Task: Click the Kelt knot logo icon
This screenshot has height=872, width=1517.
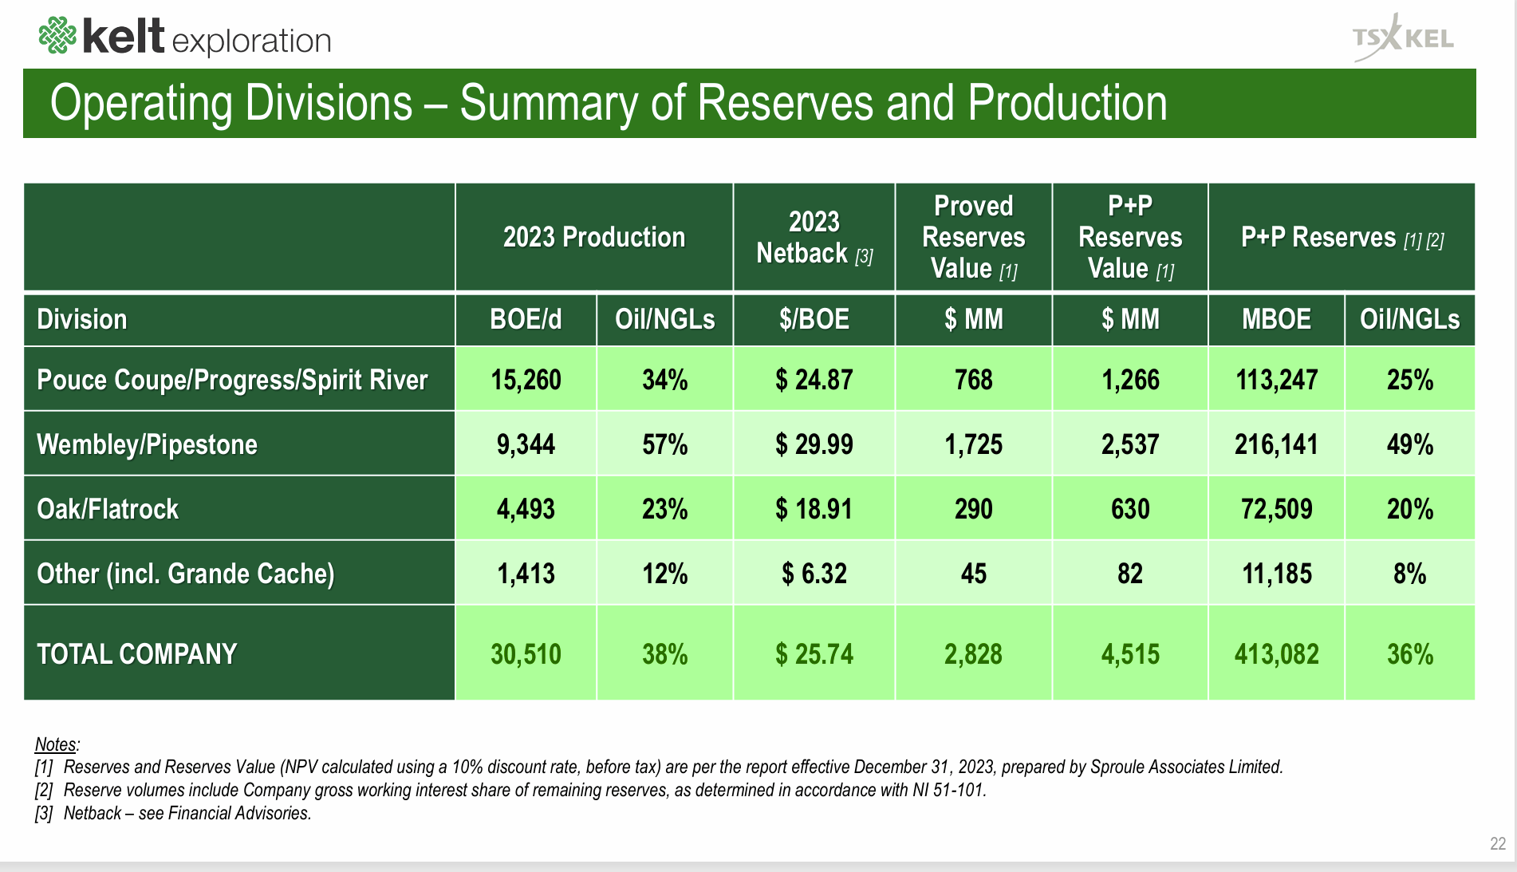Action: click(x=57, y=36)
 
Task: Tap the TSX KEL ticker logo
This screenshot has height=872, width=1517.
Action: click(x=1403, y=38)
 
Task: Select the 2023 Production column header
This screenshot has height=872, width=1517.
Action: click(x=593, y=238)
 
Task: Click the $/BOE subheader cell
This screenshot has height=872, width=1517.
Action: click(x=814, y=320)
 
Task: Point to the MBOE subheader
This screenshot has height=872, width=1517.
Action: click(x=1275, y=320)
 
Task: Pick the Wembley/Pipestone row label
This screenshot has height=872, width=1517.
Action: click(x=148, y=444)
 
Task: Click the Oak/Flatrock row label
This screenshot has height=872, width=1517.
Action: click(x=108, y=509)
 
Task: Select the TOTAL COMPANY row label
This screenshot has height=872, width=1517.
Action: click(x=137, y=654)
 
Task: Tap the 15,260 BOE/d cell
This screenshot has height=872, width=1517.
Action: click(x=526, y=380)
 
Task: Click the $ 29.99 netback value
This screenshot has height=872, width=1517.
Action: click(x=814, y=444)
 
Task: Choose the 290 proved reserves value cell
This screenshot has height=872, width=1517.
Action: click(x=973, y=509)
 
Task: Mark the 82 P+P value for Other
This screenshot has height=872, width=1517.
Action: click(x=1129, y=574)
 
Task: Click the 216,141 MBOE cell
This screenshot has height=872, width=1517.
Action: click(x=1276, y=444)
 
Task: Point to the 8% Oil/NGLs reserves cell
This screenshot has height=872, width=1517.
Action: click(x=1409, y=574)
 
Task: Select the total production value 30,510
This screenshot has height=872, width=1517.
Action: click(x=526, y=654)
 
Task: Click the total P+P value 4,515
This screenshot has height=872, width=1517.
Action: click(x=1129, y=654)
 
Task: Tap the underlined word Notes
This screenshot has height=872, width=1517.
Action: click(x=56, y=744)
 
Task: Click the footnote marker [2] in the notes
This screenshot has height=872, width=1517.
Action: click(x=43, y=791)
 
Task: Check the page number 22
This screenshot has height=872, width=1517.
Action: click(x=1497, y=844)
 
